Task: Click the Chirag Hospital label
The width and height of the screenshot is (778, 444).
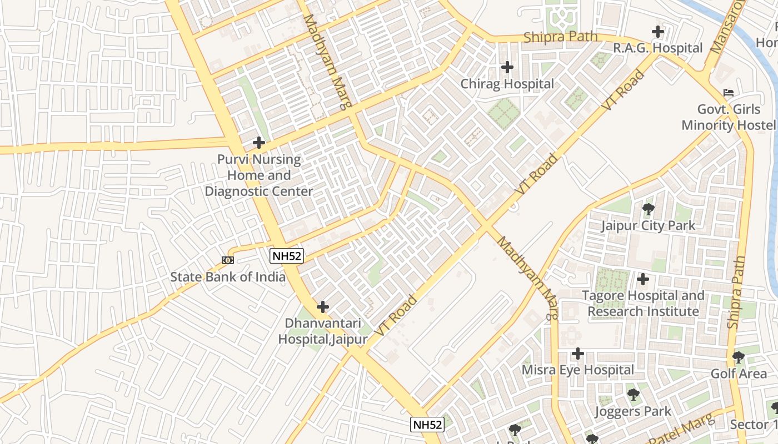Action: tap(507, 84)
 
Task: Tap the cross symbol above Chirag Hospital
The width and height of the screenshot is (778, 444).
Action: tap(507, 67)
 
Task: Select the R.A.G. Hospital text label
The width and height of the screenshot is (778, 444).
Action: tap(657, 48)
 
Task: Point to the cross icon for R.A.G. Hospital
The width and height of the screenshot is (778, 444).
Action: tap(658, 32)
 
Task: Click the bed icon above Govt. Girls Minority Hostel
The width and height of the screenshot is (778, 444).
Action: tap(729, 92)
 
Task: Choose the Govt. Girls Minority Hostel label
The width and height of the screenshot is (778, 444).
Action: tap(729, 117)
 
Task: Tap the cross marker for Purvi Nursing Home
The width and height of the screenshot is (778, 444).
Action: tap(258, 143)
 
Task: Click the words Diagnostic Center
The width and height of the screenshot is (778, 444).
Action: tap(259, 191)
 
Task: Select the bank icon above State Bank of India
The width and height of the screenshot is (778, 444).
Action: tap(227, 260)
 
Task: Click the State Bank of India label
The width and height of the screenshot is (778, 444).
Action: tap(228, 277)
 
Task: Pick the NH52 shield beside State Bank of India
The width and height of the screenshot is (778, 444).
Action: tap(287, 256)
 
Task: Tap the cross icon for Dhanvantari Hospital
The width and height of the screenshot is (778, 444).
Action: tap(322, 306)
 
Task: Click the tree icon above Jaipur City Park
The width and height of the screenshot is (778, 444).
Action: tap(648, 209)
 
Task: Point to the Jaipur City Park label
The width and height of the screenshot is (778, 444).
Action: tap(648, 226)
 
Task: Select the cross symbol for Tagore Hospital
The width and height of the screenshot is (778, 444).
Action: tap(643, 279)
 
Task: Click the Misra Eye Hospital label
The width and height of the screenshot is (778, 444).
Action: tap(578, 370)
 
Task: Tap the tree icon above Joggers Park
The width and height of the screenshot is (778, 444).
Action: tap(633, 395)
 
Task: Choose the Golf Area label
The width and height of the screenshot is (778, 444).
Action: tap(739, 374)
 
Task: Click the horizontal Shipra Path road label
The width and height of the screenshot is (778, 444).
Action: tap(560, 37)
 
